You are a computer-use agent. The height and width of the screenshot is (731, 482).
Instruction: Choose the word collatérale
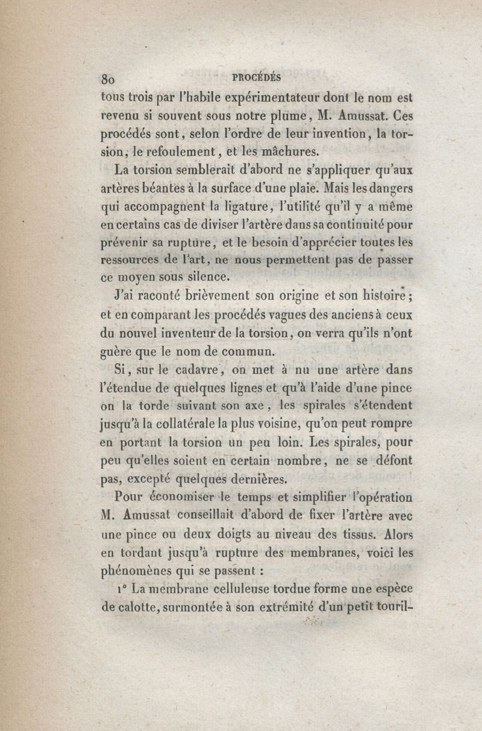198,423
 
